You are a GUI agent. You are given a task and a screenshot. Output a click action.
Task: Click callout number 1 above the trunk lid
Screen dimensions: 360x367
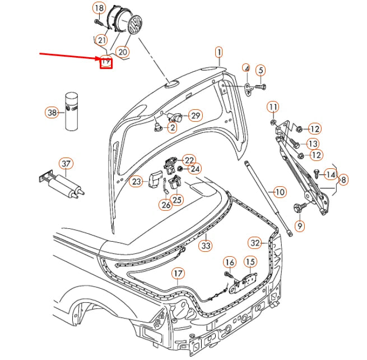pyautogui.click(x=219, y=52)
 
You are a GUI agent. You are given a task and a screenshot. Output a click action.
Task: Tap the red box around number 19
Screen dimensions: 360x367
pyautogui.click(x=106, y=62)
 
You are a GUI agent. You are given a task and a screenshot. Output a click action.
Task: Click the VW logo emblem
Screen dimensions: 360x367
pyautogui.click(x=134, y=26)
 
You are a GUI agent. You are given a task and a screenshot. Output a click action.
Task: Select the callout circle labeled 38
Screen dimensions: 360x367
pyautogui.click(x=52, y=113)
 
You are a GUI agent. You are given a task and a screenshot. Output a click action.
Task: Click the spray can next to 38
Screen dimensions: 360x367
pyautogui.click(x=72, y=111)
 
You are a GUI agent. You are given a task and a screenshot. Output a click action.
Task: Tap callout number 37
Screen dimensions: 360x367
pyautogui.click(x=66, y=164)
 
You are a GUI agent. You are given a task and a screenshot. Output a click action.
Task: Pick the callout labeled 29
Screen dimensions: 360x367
pyautogui.click(x=195, y=116)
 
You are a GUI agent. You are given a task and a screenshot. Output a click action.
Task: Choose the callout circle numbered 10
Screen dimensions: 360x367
pyautogui.click(x=280, y=192)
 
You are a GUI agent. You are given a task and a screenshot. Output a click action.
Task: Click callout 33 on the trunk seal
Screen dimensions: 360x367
pyautogui.click(x=206, y=245)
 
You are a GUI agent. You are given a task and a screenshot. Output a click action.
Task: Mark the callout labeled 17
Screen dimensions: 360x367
pyautogui.click(x=178, y=274)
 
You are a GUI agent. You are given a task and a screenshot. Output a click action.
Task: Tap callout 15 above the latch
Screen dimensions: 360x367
pyautogui.click(x=249, y=261)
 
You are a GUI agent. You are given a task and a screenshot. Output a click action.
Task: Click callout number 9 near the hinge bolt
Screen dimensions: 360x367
pyautogui.click(x=299, y=226)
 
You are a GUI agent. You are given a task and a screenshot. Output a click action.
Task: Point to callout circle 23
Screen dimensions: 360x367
pyautogui.click(x=136, y=181)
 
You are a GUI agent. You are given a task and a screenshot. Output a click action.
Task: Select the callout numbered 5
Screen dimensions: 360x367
pyautogui.click(x=260, y=70)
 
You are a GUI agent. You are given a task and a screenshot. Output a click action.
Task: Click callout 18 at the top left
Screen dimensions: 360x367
pyautogui.click(x=99, y=8)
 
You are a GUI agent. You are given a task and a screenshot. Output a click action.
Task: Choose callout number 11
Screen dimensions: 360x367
pyautogui.click(x=272, y=107)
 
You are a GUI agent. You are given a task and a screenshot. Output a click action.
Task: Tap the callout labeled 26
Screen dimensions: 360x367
pyautogui.click(x=165, y=205)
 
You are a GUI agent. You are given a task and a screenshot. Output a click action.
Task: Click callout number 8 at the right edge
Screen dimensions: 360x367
pyautogui.click(x=343, y=180)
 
